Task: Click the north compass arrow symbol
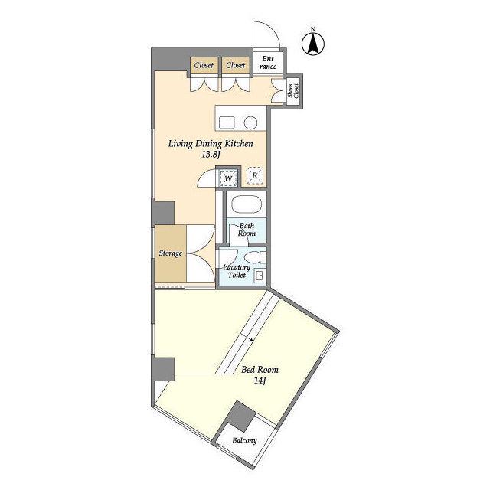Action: pos(313,44)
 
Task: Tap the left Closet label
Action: pos(204,65)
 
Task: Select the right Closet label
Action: pos(236,65)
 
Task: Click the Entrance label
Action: pos(268,63)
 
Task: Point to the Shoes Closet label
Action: pos(294,90)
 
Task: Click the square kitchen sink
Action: pos(227,122)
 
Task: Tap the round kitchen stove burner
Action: pos(250,122)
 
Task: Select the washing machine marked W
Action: pos(228,178)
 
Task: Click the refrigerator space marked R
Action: pos(255,175)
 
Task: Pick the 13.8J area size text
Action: pos(211,155)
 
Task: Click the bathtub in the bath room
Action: pos(247,204)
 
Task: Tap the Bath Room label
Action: pos(247,230)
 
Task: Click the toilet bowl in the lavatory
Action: pos(255,258)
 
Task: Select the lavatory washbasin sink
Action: pos(260,276)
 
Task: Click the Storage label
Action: pos(170,253)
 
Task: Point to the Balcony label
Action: pos(244,441)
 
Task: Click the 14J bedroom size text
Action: pos(260,381)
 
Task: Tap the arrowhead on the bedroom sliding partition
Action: pos(252,339)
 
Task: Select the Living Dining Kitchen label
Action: pos(211,144)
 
